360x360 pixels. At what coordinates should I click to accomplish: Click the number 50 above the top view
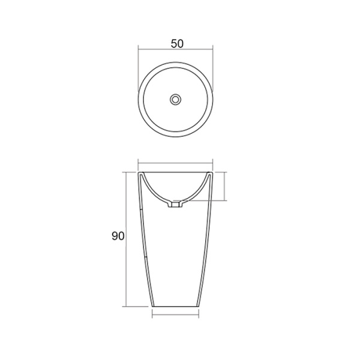[176, 43]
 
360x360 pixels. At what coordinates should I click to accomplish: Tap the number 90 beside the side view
[118, 236]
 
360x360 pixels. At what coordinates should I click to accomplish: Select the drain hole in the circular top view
[176, 98]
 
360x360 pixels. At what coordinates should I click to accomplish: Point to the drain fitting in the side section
[176, 205]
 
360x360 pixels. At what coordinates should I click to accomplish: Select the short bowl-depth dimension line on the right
[225, 186]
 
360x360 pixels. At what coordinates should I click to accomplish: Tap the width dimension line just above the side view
[176, 163]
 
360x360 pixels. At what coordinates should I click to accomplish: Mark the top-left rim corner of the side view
[139, 172]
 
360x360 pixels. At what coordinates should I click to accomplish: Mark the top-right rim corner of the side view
[213, 172]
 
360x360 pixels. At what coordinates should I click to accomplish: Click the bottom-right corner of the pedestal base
[201, 307]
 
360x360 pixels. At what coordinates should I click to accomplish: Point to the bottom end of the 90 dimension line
[125, 307]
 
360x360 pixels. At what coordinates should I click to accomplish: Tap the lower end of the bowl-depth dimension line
[225, 200]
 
